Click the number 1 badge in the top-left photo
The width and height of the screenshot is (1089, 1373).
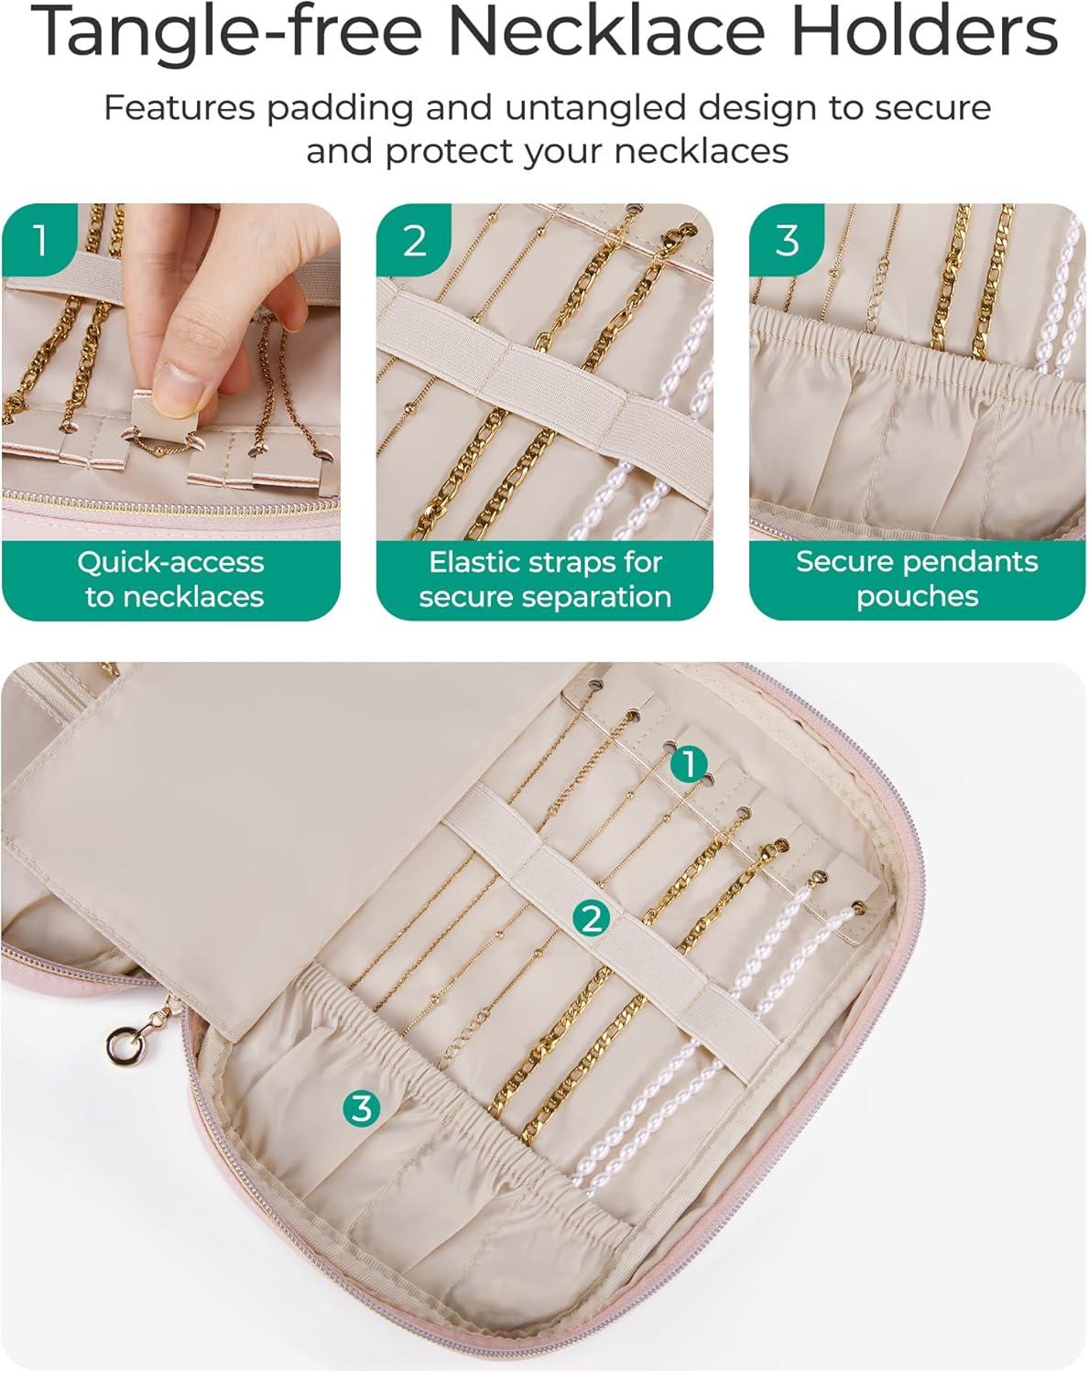(x=39, y=240)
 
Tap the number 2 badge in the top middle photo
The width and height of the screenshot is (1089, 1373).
(x=414, y=240)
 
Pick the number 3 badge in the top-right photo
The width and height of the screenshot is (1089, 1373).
(x=787, y=240)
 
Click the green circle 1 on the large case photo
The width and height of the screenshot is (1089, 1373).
(x=689, y=763)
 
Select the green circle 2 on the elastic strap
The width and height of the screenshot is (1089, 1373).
(x=591, y=919)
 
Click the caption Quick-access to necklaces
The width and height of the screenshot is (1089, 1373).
(x=171, y=579)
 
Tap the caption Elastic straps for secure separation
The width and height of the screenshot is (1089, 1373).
(x=545, y=579)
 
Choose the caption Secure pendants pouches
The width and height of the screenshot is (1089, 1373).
(x=918, y=578)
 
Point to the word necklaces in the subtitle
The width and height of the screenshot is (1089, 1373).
(x=702, y=152)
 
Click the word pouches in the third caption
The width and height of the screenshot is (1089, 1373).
(x=918, y=597)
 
